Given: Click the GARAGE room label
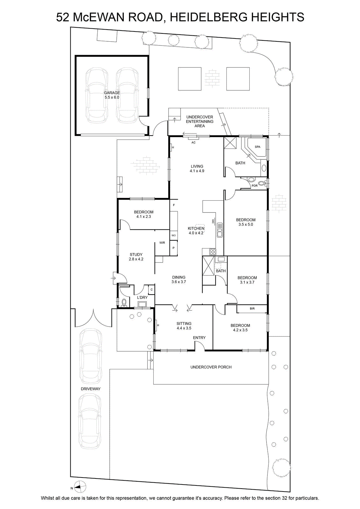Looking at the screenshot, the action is (x=112, y=93).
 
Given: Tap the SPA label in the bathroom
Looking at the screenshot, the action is (x=257, y=147).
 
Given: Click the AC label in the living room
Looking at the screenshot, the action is (x=193, y=143).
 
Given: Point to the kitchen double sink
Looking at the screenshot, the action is (x=220, y=230).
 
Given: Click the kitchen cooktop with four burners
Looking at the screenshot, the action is (x=212, y=252).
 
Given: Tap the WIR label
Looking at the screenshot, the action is (x=162, y=243).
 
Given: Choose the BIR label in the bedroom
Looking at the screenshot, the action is (x=252, y=309).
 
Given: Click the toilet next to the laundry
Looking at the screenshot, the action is (x=124, y=303).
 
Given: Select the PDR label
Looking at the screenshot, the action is (x=255, y=186).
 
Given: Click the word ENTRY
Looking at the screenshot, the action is (x=199, y=338).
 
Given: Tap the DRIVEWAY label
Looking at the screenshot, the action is (x=91, y=389).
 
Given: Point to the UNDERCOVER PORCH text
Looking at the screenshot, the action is (x=211, y=367).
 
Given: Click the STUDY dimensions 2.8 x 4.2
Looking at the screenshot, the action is (x=136, y=259).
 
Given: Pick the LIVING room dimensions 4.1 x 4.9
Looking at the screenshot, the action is (x=197, y=171).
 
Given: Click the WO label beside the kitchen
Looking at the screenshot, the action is (x=174, y=235).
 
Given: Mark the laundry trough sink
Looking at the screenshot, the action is (x=142, y=304).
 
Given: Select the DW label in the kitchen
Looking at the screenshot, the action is (x=213, y=221).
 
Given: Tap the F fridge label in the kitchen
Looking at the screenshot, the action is (x=174, y=205).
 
